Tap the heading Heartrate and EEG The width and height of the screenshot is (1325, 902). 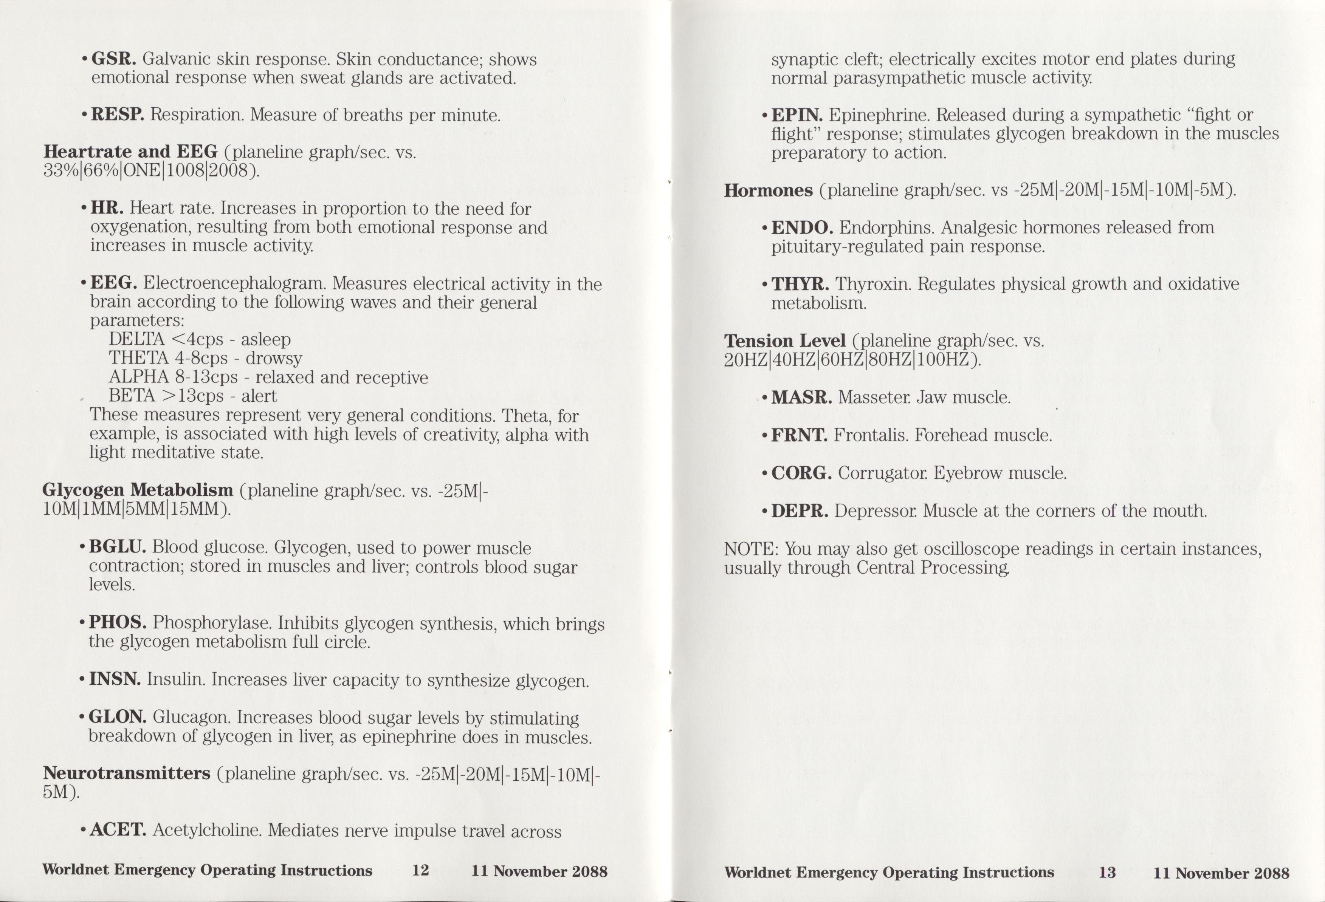pyautogui.click(x=130, y=152)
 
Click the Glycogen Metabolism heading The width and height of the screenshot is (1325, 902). pyautogui.click(x=137, y=490)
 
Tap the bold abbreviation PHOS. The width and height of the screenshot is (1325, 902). pyautogui.click(x=118, y=622)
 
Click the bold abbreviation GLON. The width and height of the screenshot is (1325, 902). pyautogui.click(x=118, y=717)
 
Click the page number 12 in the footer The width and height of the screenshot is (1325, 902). pyautogui.click(x=420, y=870)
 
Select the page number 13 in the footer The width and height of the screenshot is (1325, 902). pyautogui.click(x=1106, y=873)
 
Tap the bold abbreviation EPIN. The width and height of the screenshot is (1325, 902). pyautogui.click(x=797, y=115)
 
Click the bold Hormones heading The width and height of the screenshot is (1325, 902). pyautogui.click(x=768, y=190)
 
